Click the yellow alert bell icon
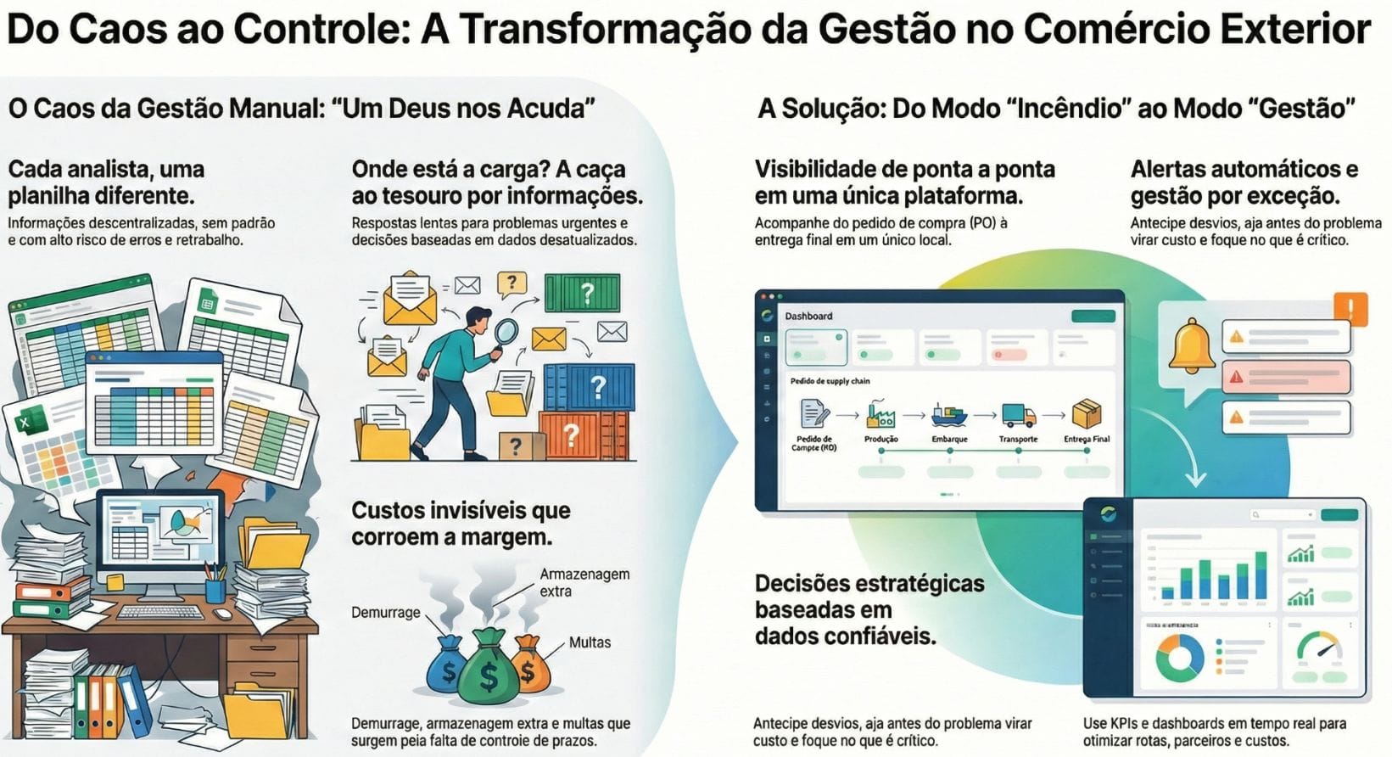point(1191,345)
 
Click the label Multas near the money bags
point(590,642)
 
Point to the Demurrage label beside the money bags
point(386,612)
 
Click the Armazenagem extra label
point(584,582)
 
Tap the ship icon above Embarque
point(949,415)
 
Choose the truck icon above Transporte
point(1018,415)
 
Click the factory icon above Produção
point(880,415)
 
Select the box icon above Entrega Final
point(1087,414)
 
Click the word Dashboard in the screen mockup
point(808,316)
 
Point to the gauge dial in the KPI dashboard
point(1319,649)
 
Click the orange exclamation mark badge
point(1350,309)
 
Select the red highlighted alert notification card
point(1285,376)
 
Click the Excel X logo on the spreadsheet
point(25,422)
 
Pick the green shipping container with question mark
point(583,294)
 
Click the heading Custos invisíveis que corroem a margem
point(461,524)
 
